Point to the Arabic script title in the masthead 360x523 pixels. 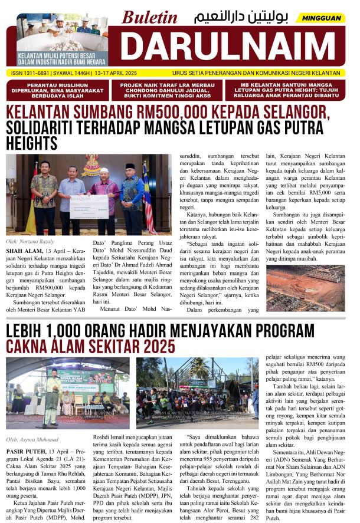point(238,17)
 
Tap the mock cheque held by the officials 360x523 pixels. point(89,206)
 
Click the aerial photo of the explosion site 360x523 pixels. point(305,288)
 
